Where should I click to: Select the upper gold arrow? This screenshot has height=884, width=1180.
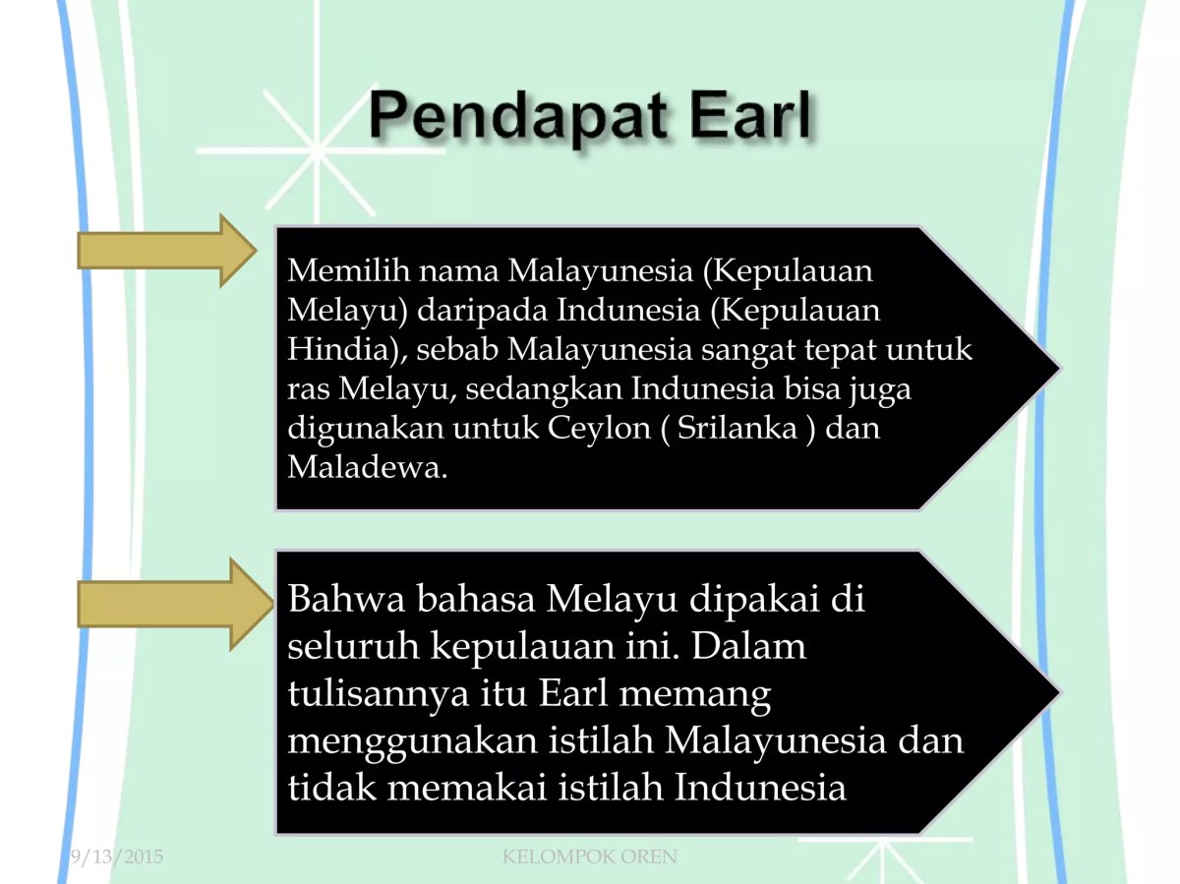pyautogui.click(x=166, y=250)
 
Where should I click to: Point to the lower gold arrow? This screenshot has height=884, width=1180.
pyautogui.click(x=166, y=604)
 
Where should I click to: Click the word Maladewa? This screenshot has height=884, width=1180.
pyautogui.click(x=363, y=468)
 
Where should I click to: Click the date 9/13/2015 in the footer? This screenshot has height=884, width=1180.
pyautogui.click(x=116, y=857)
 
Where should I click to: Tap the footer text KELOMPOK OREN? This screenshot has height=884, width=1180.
pyautogui.click(x=589, y=857)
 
